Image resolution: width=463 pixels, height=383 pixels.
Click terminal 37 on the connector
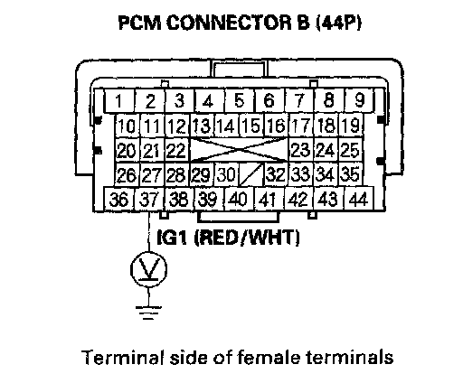click(149, 199)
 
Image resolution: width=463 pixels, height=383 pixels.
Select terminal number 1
click(119, 100)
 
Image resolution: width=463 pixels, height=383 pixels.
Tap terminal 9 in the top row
click(359, 100)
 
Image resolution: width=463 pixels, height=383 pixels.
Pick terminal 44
click(359, 199)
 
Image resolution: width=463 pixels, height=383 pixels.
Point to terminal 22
click(177, 150)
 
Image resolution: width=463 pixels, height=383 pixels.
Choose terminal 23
click(301, 150)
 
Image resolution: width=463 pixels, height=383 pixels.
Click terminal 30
click(227, 174)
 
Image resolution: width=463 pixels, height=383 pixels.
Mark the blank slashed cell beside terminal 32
click(251, 174)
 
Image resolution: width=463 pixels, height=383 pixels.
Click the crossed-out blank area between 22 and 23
click(239, 150)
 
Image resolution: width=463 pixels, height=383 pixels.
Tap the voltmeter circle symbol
click(148, 269)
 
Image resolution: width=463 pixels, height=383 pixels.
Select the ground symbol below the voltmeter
click(148, 313)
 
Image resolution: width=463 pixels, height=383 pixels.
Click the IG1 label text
click(171, 238)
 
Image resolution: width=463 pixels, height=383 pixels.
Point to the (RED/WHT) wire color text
click(246, 238)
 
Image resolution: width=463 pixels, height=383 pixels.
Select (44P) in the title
click(338, 23)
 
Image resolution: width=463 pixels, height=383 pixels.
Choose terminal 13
click(202, 126)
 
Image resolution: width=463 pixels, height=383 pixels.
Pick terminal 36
click(119, 199)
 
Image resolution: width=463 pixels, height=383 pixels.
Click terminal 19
click(351, 126)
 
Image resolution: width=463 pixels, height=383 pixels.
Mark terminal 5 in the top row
click(240, 100)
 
